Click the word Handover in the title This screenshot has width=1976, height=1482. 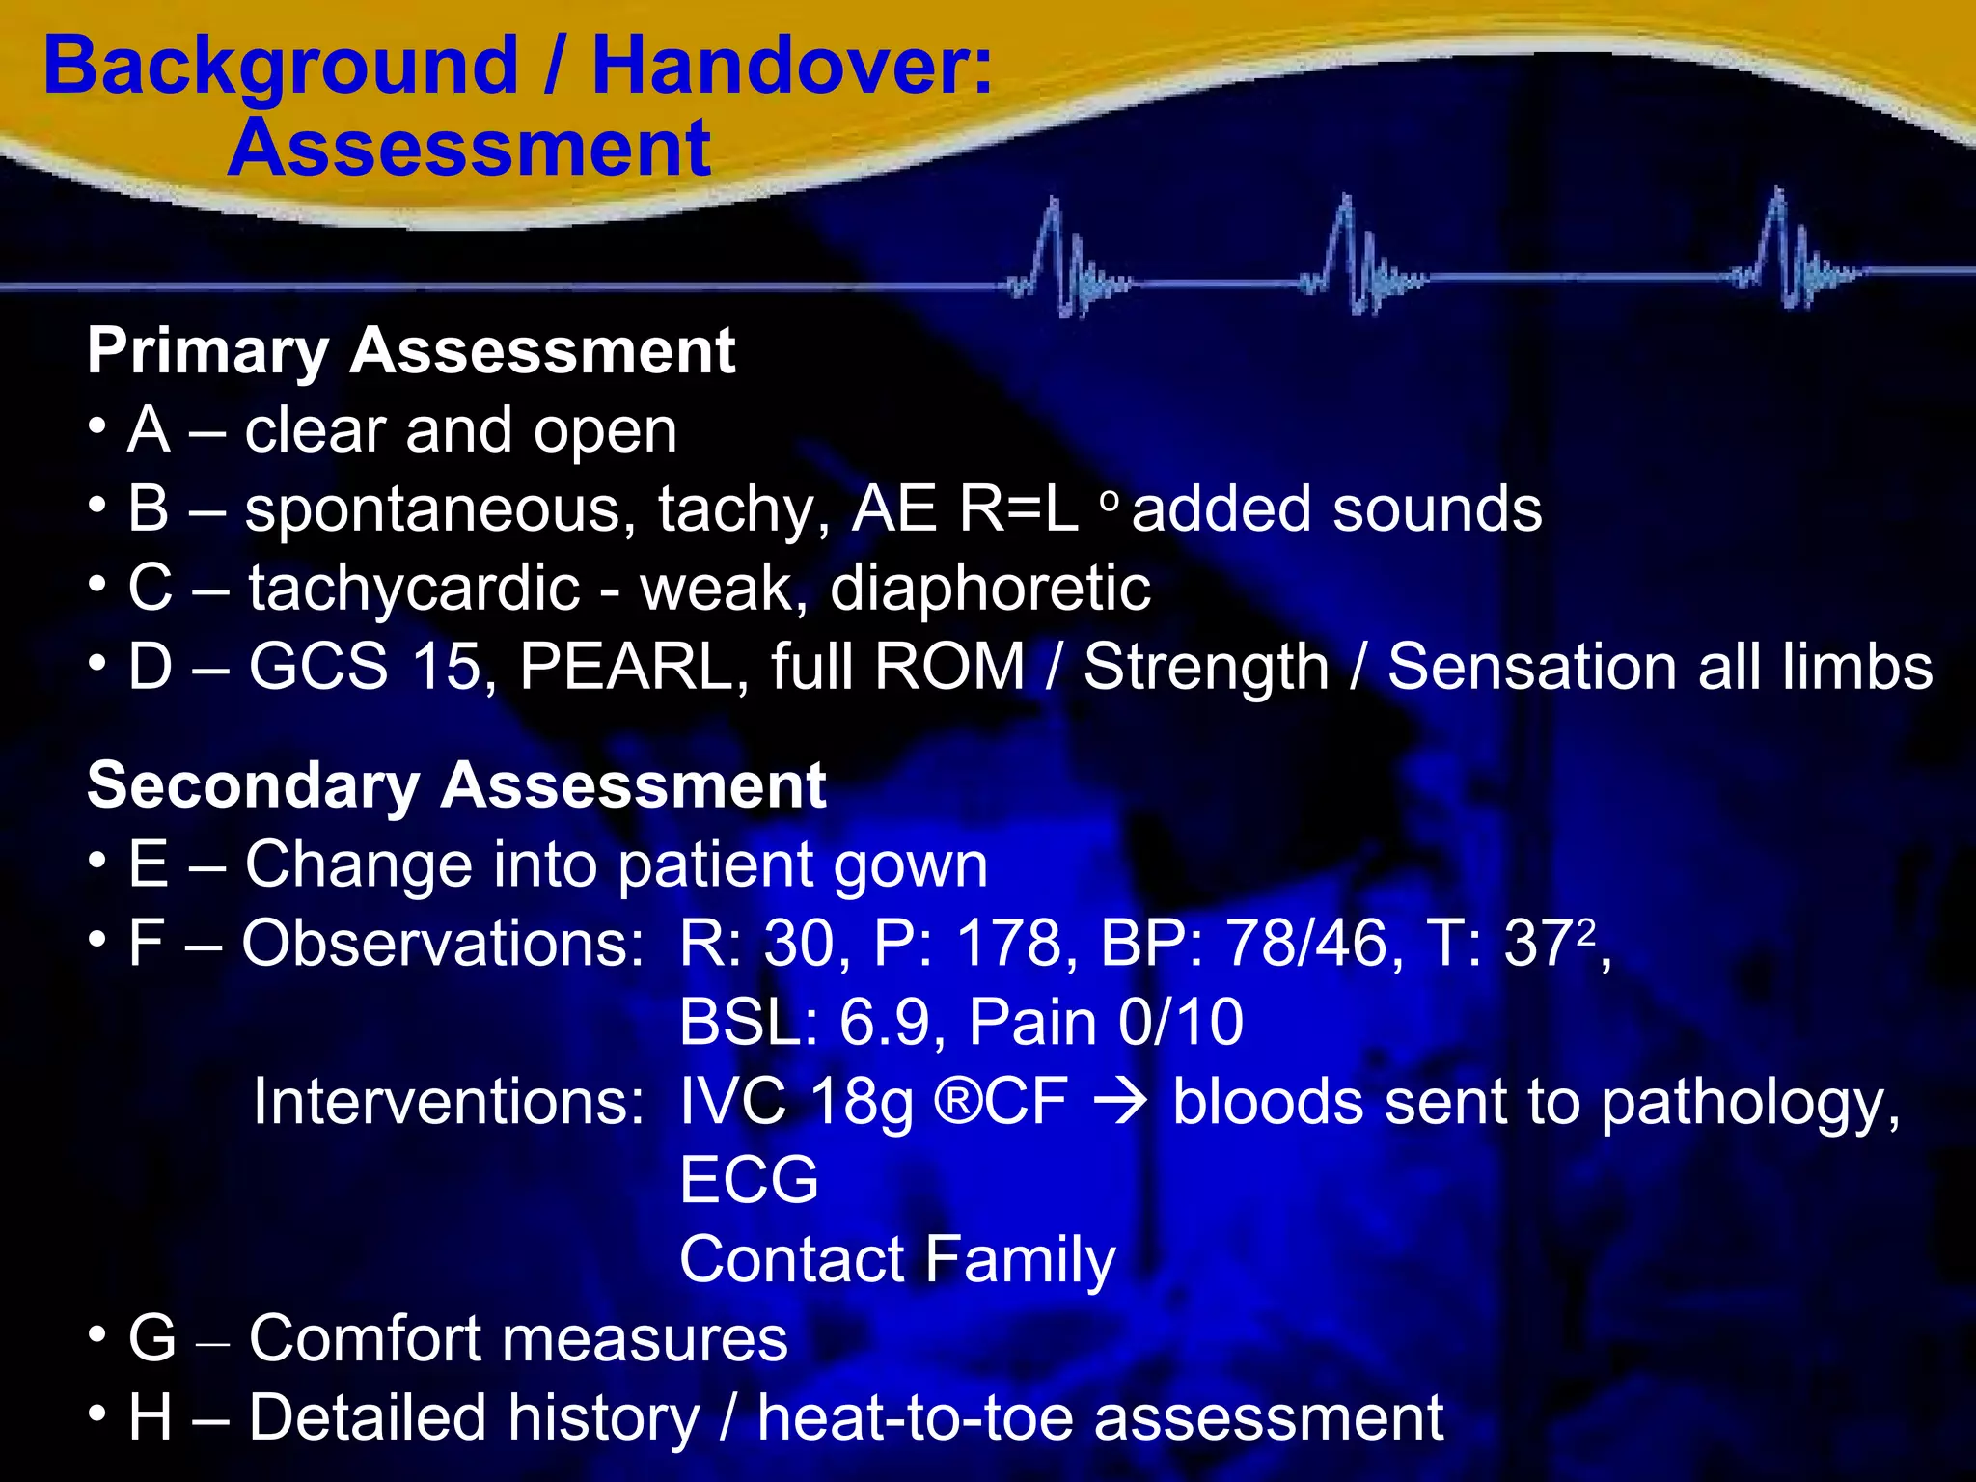pos(791,66)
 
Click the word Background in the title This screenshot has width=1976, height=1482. pos(281,66)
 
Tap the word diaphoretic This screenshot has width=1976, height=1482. pos(990,588)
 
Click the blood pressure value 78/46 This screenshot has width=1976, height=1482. pos(1305,943)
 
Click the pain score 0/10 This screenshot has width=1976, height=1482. pos(1181,1022)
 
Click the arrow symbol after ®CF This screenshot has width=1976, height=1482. pos(1120,1101)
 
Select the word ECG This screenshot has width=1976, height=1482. pos(749,1180)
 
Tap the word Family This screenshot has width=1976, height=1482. pos(1021,1259)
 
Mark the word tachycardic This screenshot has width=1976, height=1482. pos(415,588)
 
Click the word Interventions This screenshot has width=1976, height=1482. pos(449,1101)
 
